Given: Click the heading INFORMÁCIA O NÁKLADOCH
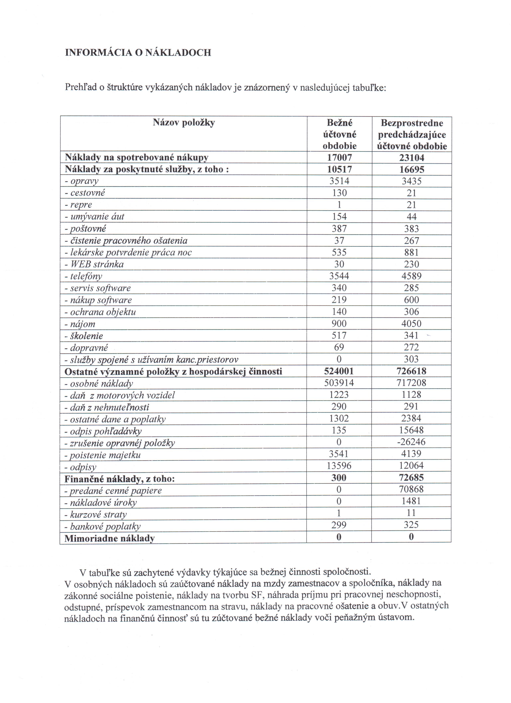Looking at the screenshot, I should click(x=138, y=52).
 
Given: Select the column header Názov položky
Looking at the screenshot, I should click(x=184, y=123).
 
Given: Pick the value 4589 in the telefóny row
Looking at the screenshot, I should click(x=411, y=276).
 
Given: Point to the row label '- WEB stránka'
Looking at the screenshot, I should click(x=94, y=264).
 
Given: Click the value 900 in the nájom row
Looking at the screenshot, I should click(x=339, y=324).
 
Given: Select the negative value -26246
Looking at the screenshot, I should click(x=411, y=442).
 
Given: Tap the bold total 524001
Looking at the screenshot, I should click(x=339, y=371).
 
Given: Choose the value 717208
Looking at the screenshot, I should click(x=411, y=383).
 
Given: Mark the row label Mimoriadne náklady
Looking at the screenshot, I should click(x=109, y=538).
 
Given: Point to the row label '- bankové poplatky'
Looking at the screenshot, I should click(x=103, y=526).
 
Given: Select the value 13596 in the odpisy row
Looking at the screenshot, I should click(x=339, y=466).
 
